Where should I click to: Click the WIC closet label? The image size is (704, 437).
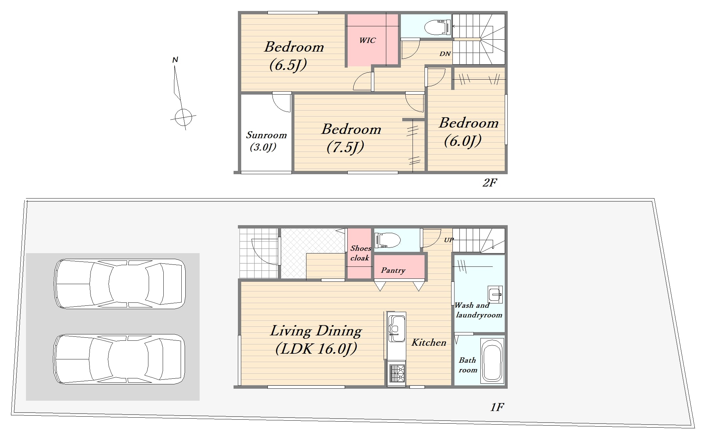[x=367, y=40]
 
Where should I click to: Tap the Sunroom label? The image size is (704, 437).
[x=266, y=135]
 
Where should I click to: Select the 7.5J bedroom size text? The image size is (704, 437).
[x=345, y=147]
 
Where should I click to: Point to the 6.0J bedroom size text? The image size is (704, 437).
[x=462, y=141]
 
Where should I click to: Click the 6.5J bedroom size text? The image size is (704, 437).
[x=288, y=65]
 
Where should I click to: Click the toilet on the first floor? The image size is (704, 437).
[x=388, y=240]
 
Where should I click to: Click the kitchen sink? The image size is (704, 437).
[x=397, y=328]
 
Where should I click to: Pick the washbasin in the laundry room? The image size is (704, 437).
[x=495, y=294]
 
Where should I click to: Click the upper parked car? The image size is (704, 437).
[x=120, y=284]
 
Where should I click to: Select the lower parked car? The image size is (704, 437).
[x=119, y=359]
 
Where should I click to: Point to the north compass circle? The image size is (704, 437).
[x=183, y=117]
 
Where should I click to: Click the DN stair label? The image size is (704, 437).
[x=445, y=54]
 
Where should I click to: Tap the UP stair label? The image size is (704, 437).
[x=449, y=240]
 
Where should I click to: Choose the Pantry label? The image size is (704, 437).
[x=393, y=270]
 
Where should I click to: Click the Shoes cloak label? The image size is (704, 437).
[x=360, y=253]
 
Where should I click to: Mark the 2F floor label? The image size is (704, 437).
[x=490, y=183]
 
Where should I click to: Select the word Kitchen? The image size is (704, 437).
[x=429, y=342]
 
